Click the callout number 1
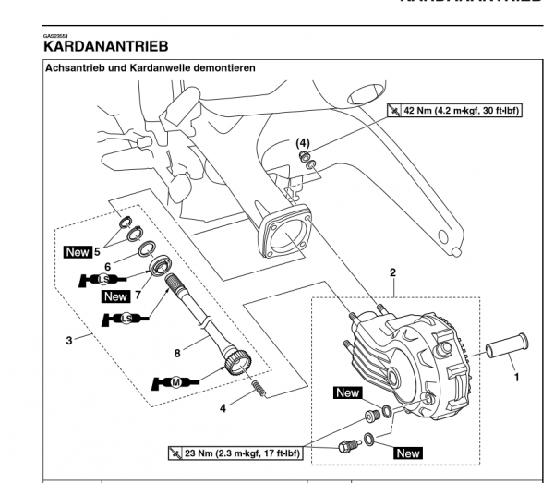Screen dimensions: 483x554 [x=516, y=376]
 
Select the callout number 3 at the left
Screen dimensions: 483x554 [x=69, y=341]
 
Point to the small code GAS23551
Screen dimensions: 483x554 [x=55, y=35]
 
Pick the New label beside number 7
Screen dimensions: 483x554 [x=115, y=296]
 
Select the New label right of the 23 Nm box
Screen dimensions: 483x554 [x=407, y=453]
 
